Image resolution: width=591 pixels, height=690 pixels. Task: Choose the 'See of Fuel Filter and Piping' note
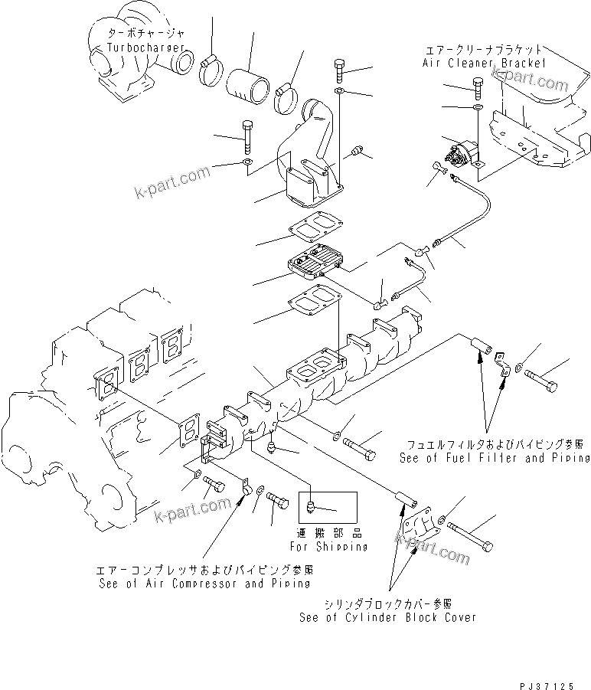495,457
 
